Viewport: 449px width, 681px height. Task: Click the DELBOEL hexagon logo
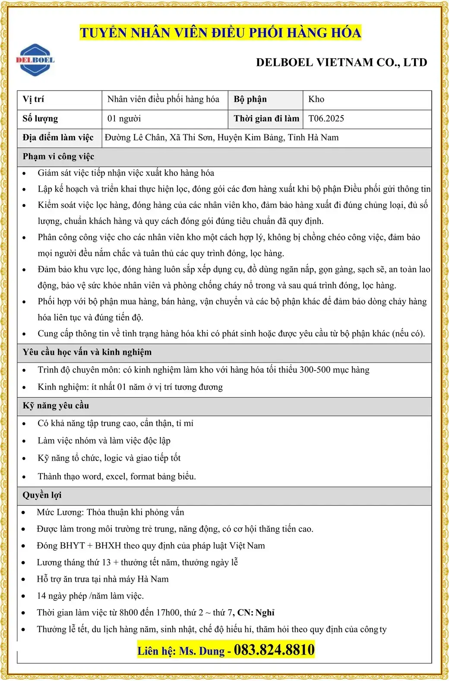pos(35,60)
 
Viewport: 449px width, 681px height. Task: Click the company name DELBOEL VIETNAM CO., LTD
pos(341,63)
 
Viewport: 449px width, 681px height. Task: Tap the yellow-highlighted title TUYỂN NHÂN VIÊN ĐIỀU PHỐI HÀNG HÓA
pos(220,33)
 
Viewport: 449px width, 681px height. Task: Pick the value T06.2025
pos(326,119)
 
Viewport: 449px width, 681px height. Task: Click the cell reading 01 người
pos(124,119)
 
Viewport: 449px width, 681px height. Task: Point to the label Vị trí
pos(33,100)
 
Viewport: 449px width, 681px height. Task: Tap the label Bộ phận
pos(250,100)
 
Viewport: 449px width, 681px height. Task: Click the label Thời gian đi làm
pos(266,119)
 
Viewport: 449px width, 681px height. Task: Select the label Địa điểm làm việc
pos(58,138)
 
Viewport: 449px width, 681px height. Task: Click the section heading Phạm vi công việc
pos(58,157)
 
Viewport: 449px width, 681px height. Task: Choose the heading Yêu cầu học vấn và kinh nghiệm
pos(87,352)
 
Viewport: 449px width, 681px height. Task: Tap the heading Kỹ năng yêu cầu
pos(56,406)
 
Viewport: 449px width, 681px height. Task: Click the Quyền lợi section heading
pos(42,495)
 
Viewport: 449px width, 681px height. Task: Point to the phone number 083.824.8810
pos(274,650)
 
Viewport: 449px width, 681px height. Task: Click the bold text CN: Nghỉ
pos(256,613)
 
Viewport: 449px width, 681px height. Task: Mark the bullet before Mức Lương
pos(24,513)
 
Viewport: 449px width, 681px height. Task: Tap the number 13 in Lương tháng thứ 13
pos(106,562)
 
